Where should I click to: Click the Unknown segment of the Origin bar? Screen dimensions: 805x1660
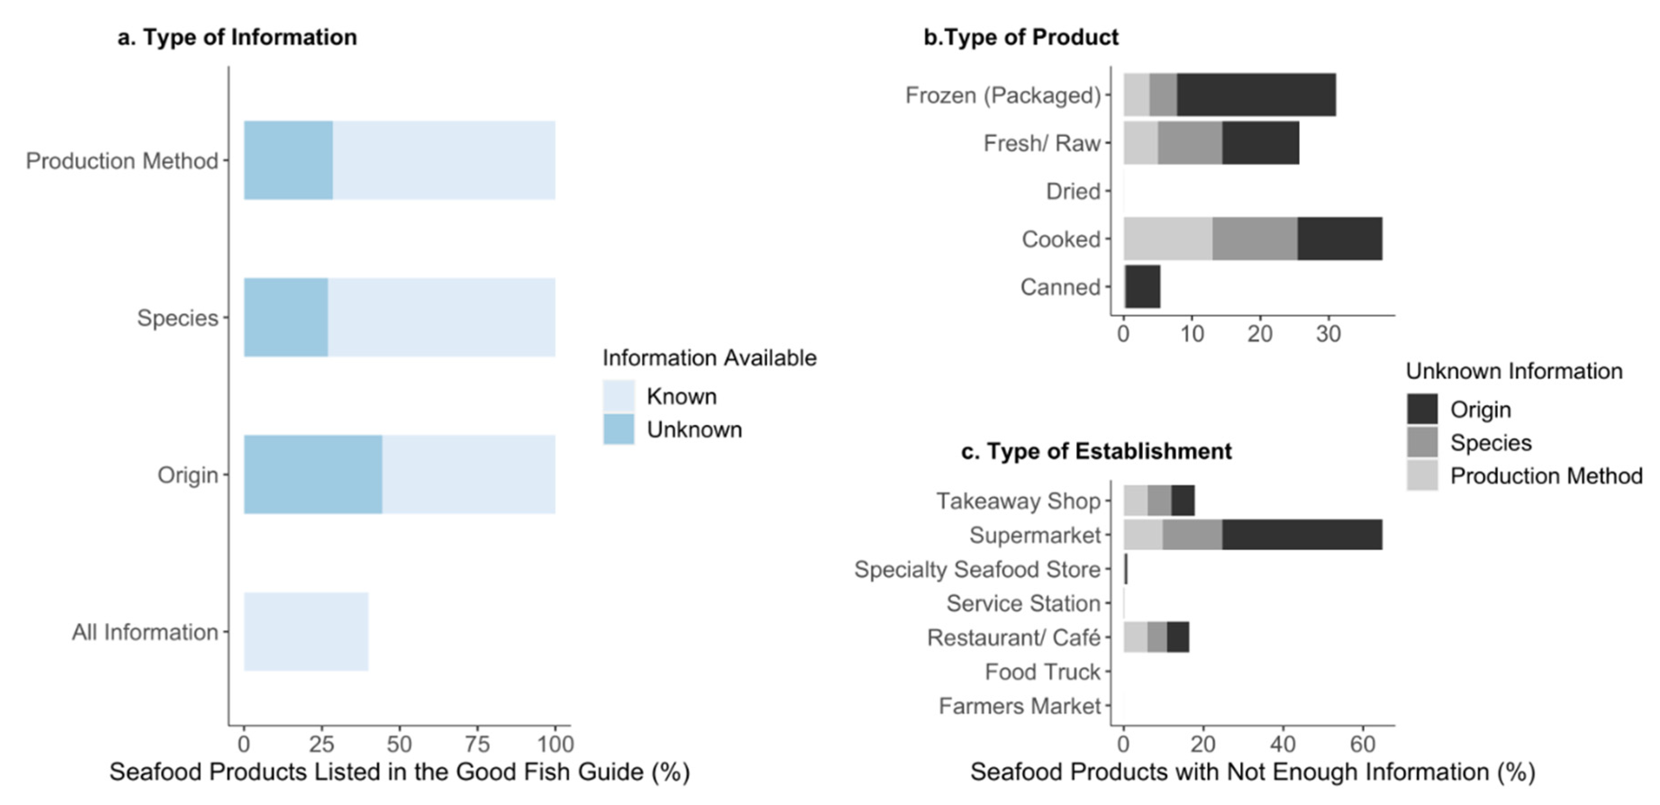point(313,475)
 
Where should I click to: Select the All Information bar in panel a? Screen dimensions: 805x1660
point(306,632)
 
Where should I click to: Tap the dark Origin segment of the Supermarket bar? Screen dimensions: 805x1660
point(1302,535)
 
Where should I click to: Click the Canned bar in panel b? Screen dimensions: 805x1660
point(1143,287)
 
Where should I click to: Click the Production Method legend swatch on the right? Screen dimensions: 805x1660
point(1422,476)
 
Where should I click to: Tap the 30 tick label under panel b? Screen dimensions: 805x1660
point(1328,334)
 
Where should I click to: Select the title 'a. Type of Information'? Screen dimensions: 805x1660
point(237,37)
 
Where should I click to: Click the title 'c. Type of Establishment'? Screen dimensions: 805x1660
point(1096,451)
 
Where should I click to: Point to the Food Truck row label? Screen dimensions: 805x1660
point(1042,672)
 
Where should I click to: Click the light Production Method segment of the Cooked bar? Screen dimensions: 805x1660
point(1168,239)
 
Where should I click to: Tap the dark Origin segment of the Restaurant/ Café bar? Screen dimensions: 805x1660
point(1178,638)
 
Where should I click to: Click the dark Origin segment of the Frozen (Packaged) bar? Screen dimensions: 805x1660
point(1256,95)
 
